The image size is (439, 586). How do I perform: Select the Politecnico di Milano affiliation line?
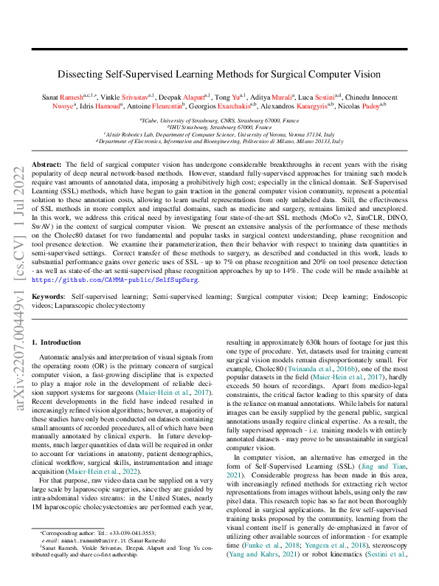219,139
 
